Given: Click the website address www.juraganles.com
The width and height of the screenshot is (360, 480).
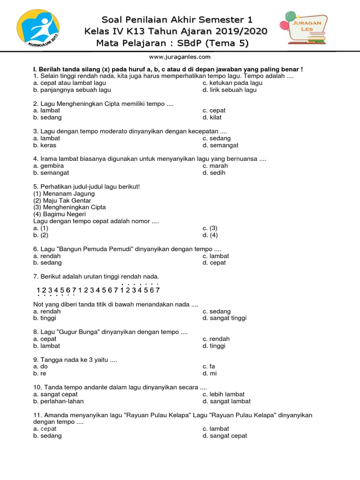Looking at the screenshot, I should [180, 57].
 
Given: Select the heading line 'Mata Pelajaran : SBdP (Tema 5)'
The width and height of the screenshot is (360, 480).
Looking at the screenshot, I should [172, 44].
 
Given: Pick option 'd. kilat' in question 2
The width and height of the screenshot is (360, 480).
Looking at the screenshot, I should [212, 118].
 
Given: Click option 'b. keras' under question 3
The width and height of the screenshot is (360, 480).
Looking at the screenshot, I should [45, 145].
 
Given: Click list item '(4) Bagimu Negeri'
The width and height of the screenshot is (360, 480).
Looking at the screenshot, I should [60, 214].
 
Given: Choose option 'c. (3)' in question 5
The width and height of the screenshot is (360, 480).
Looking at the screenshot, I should [210, 228].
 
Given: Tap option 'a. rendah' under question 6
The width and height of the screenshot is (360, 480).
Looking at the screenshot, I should [47, 256].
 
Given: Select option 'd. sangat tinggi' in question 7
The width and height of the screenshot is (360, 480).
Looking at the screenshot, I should [224, 318].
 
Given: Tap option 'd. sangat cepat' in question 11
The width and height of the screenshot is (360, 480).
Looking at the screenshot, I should [225, 436].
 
